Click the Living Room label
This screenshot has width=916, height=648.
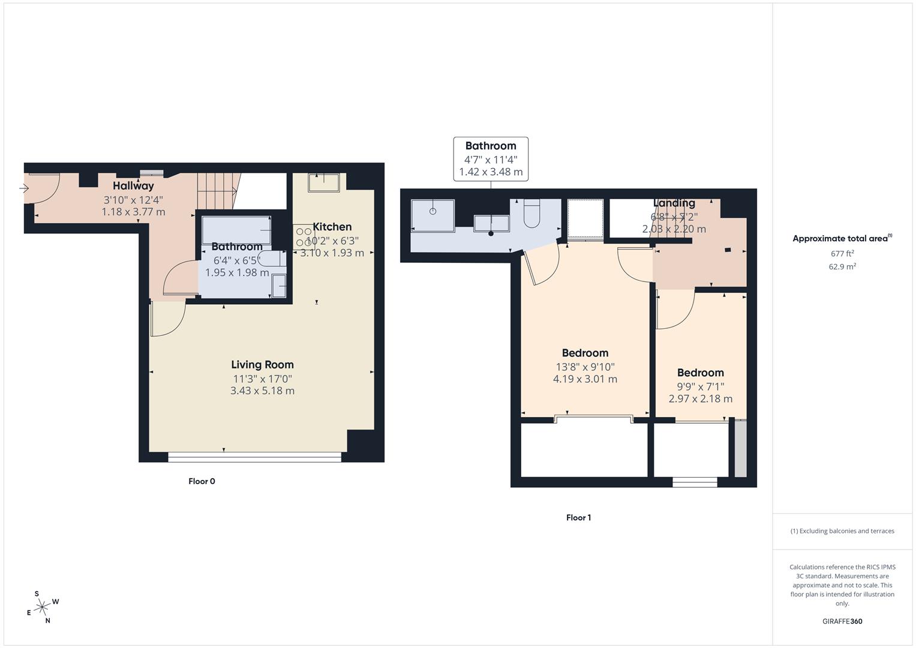(x=262, y=365)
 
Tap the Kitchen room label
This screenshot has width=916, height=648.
(x=332, y=227)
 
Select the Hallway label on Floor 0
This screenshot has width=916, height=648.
(x=133, y=186)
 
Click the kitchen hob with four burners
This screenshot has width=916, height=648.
(x=304, y=236)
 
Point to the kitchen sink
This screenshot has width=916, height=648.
(x=324, y=182)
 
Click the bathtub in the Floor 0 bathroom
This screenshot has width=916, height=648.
(x=236, y=230)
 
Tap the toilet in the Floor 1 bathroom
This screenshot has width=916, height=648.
(x=532, y=214)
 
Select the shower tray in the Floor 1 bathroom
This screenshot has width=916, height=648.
(x=433, y=215)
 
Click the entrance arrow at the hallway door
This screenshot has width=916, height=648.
(x=24, y=189)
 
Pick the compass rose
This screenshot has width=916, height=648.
(x=42, y=607)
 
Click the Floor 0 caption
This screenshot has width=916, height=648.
(x=202, y=481)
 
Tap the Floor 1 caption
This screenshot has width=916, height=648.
(x=578, y=518)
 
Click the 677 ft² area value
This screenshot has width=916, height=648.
(x=842, y=254)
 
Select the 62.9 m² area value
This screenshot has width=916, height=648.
(x=842, y=267)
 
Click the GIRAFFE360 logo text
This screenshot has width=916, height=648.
(x=842, y=621)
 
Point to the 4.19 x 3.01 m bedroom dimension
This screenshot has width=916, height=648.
(x=585, y=379)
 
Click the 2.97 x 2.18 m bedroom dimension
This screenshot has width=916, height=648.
(x=700, y=399)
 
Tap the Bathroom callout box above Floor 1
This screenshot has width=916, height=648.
(x=491, y=158)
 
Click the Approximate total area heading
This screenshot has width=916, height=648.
(x=842, y=239)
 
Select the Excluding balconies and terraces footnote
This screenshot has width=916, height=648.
(x=842, y=531)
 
